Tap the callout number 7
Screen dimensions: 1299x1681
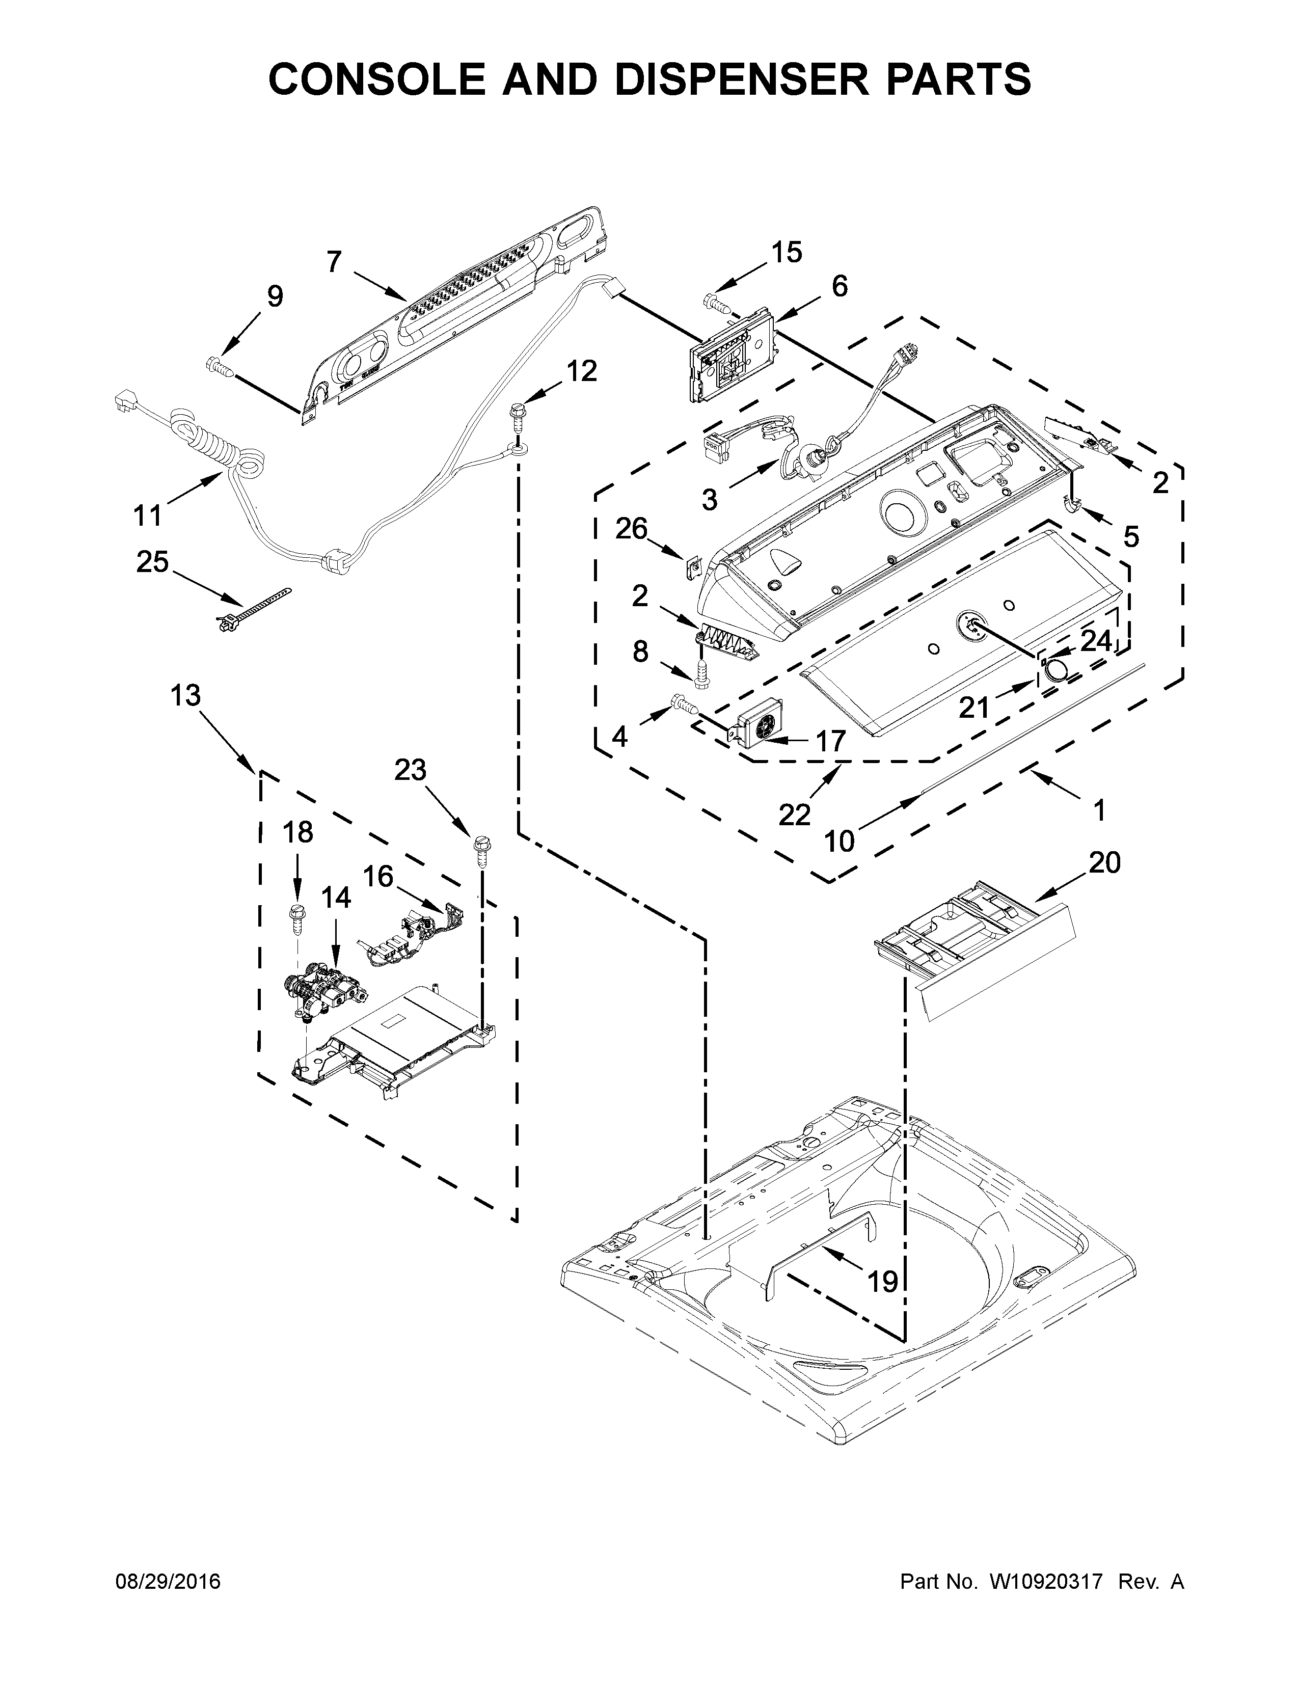click(x=333, y=262)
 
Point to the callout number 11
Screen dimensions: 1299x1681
click(x=148, y=515)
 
